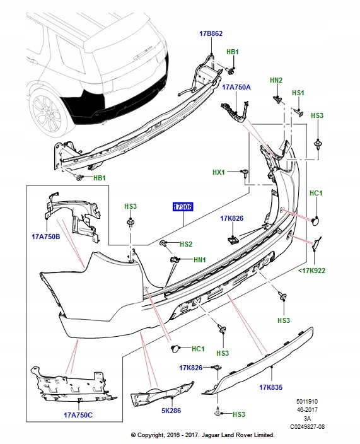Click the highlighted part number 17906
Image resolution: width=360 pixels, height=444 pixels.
coord(183,207)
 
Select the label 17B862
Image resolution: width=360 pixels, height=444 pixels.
coord(211,33)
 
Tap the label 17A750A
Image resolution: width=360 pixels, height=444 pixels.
coord(236,87)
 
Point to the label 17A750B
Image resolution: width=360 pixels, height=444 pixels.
coord(46,237)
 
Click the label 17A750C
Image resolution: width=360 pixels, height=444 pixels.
coord(78,415)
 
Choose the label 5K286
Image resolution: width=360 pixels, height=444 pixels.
coord(171,411)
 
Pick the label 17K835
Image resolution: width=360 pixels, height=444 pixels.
coord(271,387)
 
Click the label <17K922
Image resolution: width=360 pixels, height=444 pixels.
coord(311,271)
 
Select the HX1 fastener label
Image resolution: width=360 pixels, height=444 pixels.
coord(219,172)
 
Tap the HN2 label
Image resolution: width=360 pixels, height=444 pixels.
coord(276,80)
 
